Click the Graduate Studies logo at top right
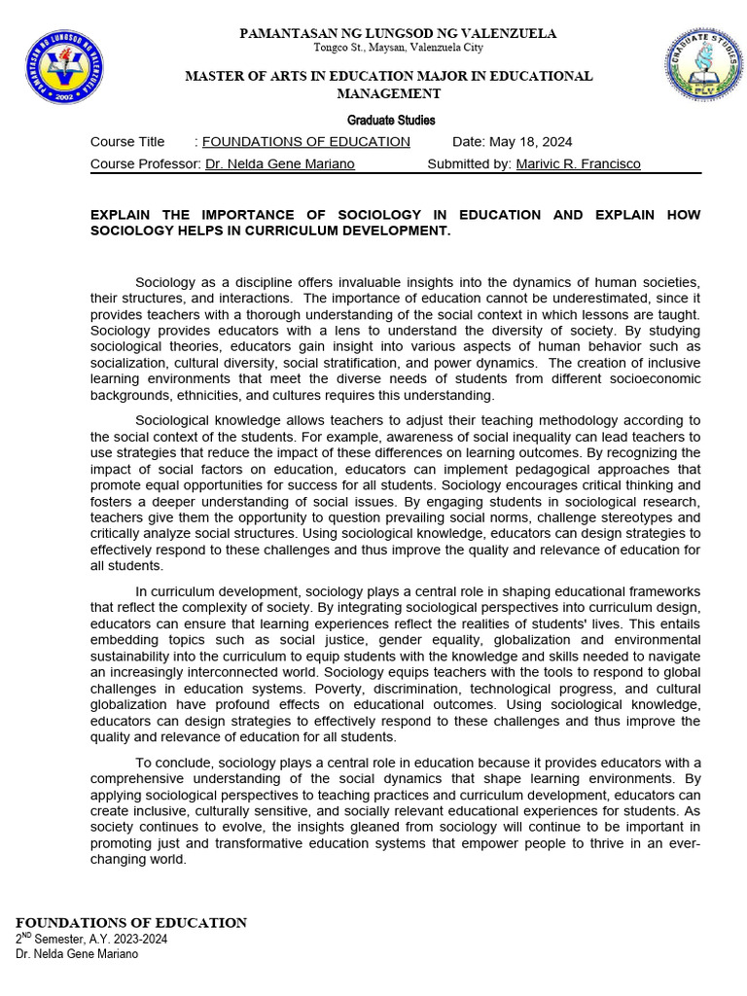click(703, 64)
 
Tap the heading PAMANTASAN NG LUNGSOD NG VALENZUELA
click(398, 34)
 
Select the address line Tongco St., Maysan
click(398, 49)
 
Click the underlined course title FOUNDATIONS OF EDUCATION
click(305, 142)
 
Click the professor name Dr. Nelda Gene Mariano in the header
click(279, 164)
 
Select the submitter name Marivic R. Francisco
click(578, 164)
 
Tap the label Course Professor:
click(146, 164)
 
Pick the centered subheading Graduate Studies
click(391, 121)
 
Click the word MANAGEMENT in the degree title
click(389, 94)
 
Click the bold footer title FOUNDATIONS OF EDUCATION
click(131, 922)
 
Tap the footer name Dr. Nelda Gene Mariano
click(77, 954)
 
